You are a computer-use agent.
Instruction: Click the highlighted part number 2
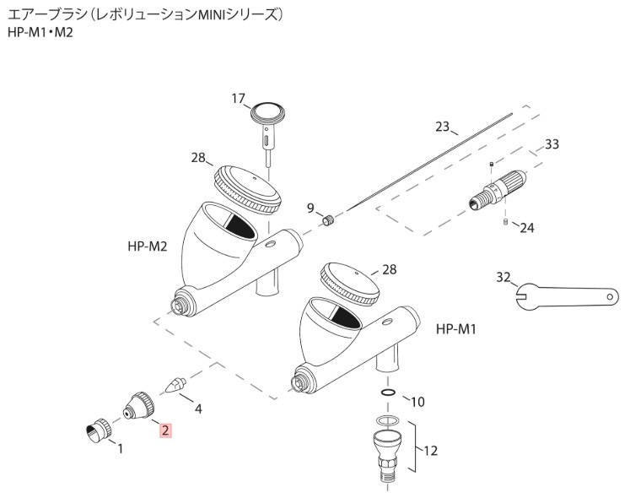[166, 430]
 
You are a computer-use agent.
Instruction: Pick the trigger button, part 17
[267, 118]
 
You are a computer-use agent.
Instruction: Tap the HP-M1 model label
[457, 328]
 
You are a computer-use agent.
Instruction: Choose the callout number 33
[552, 144]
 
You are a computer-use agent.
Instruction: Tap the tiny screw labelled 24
[503, 222]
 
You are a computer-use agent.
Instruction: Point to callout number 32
[503, 276]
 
